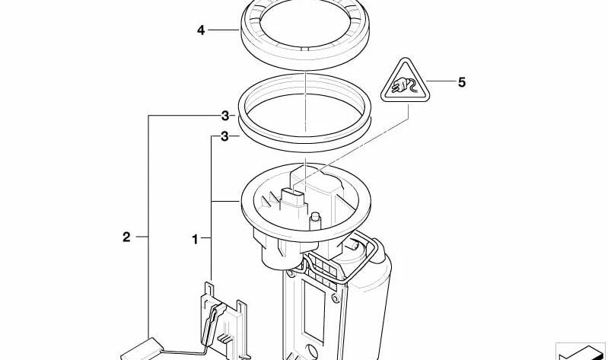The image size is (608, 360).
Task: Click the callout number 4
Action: tap(200, 30)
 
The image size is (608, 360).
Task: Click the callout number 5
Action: tap(461, 82)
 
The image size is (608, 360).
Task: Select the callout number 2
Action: tap(126, 237)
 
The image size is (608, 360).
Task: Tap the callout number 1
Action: tap(195, 239)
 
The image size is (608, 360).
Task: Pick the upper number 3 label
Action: tap(225, 116)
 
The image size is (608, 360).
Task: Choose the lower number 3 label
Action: tap(225, 136)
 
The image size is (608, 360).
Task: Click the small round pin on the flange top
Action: tap(316, 220)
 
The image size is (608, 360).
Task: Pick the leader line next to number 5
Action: tap(441, 81)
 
